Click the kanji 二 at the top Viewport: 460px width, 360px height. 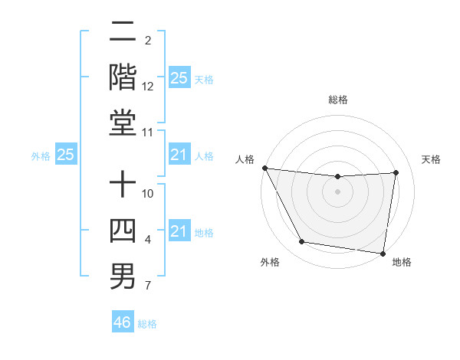(x=123, y=34)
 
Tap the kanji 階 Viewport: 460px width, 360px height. (x=123, y=77)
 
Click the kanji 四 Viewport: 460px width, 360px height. (x=123, y=230)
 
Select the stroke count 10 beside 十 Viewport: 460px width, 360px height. (x=149, y=195)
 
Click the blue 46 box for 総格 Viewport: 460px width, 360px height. (x=123, y=322)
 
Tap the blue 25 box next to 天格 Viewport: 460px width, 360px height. (x=179, y=78)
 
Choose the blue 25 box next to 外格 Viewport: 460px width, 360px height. (x=66, y=155)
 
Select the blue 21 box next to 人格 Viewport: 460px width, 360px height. (x=179, y=155)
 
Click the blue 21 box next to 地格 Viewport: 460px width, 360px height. (x=179, y=231)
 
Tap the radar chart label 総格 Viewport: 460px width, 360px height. (x=338, y=100)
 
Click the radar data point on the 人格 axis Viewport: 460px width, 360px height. (x=264, y=168)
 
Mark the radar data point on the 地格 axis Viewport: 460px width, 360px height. (x=383, y=253)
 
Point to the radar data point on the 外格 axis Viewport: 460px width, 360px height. (x=302, y=242)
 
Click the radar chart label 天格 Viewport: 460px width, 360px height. (x=431, y=159)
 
